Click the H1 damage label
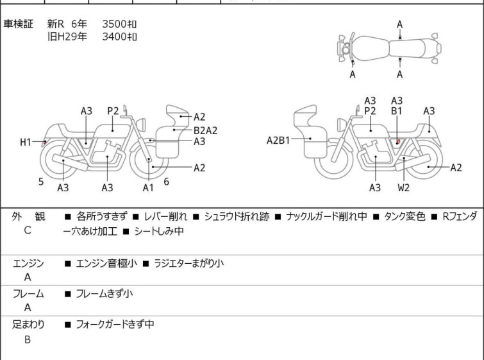[x=26, y=142]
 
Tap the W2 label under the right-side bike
[x=403, y=187]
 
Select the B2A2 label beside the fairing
[x=205, y=130]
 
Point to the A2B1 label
[x=278, y=141]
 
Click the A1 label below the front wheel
[x=148, y=187]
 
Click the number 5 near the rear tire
[x=41, y=182]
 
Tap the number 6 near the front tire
[x=167, y=182]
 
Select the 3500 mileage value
[x=114, y=24]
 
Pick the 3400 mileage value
[x=114, y=37]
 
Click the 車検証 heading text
[x=18, y=24]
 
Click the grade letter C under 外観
[x=28, y=230]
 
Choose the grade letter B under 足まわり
[x=28, y=339]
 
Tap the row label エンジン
[x=28, y=264]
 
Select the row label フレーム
[x=28, y=294]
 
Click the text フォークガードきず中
[x=115, y=325]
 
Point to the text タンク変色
[x=405, y=216]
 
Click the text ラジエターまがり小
[x=188, y=264]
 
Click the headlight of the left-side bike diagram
[x=141, y=124]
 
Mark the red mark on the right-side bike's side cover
[x=399, y=142]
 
